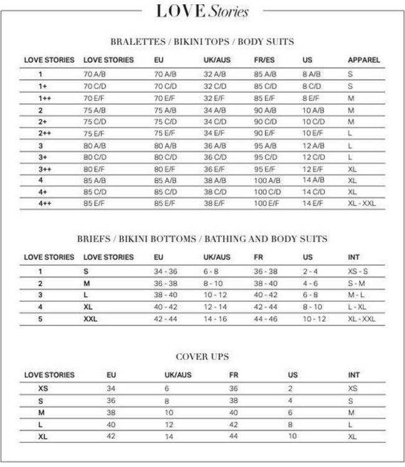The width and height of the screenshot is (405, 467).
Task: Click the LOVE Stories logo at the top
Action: pyautogui.click(x=202, y=11)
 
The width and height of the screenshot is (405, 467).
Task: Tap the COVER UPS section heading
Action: pyautogui.click(x=202, y=357)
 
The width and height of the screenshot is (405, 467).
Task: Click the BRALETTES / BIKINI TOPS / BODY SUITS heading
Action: pyautogui.click(x=202, y=42)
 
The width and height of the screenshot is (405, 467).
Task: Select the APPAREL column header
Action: pyautogui.click(x=363, y=60)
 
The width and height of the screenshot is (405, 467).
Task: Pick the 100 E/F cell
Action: pyautogui.click(x=267, y=203)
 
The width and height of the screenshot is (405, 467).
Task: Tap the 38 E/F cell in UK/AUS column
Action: pyautogui.click(x=216, y=203)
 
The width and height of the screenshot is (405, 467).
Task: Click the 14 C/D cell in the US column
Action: pyautogui.click(x=314, y=192)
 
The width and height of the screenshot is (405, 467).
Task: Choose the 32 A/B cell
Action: pyautogui.click(x=216, y=75)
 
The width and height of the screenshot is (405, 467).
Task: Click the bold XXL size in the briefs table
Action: pyautogui.click(x=91, y=319)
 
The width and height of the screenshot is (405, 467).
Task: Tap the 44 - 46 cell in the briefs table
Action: pyautogui.click(x=266, y=319)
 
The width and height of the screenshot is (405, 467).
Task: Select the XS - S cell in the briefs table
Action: pyautogui.click(x=358, y=271)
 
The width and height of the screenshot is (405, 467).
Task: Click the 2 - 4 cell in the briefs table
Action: pyautogui.click(x=310, y=271)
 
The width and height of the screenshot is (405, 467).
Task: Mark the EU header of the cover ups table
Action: pyautogui.click(x=112, y=375)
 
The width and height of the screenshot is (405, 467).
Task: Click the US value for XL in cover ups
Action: pyautogui.click(x=292, y=436)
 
